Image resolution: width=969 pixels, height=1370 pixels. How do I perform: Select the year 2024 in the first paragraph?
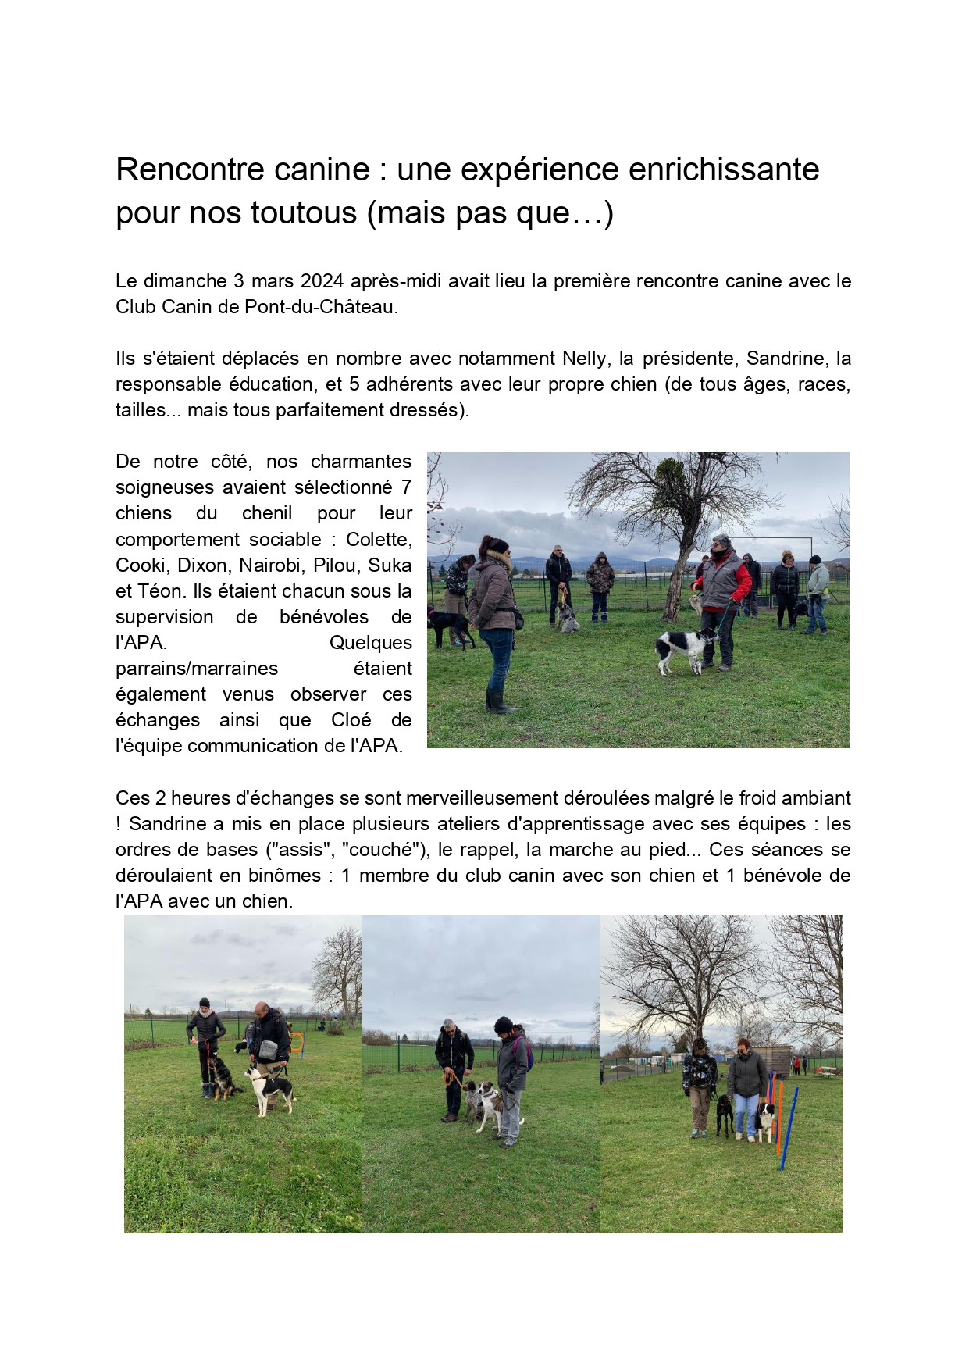322,281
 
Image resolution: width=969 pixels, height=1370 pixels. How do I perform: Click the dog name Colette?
379,540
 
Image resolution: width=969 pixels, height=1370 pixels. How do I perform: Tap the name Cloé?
351,720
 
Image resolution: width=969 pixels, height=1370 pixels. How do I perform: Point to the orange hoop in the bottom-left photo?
297,1043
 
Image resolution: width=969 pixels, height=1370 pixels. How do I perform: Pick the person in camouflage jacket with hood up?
600,582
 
